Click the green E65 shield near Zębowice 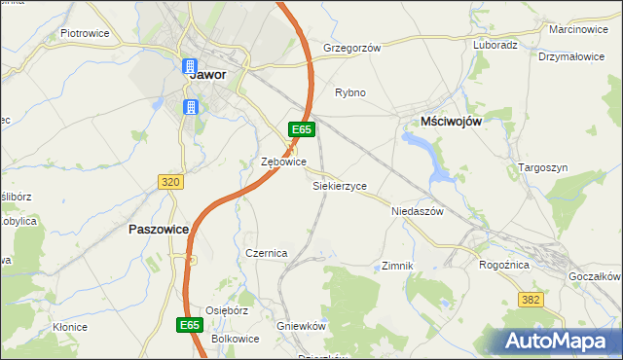[x=301, y=128]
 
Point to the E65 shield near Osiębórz [x=191, y=324]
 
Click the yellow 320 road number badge [x=170, y=181]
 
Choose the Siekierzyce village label [x=339, y=184]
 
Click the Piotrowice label [x=85, y=32]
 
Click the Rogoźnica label [x=504, y=264]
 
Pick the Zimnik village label [x=398, y=266]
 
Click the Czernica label [x=266, y=253]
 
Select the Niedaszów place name [x=417, y=210]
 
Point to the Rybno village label [x=350, y=92]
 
